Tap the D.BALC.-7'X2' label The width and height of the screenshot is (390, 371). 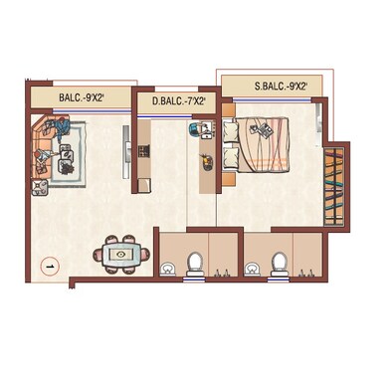pyautogui.click(x=180, y=101)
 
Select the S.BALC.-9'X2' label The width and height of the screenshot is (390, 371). pyautogui.click(x=272, y=88)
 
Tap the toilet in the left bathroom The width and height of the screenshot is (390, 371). pyautogui.click(x=196, y=263)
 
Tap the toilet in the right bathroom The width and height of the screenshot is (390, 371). pyautogui.click(x=280, y=263)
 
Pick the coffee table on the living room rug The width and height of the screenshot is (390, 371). pyautogui.click(x=68, y=152)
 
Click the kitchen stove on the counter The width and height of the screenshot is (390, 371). pyautogui.click(x=143, y=151)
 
